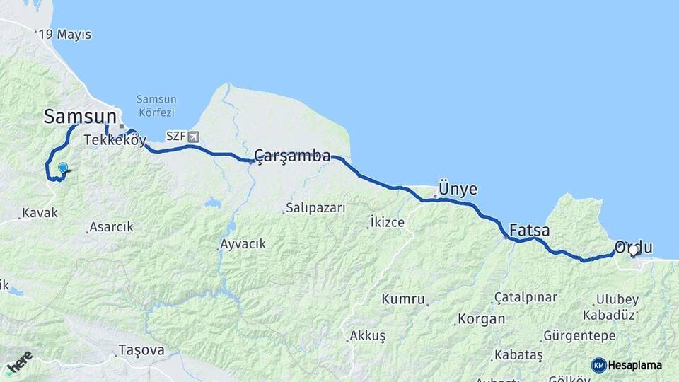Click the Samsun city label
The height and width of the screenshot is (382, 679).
click(80, 117)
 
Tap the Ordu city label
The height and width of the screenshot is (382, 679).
click(633, 248)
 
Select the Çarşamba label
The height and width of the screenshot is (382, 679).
click(292, 156)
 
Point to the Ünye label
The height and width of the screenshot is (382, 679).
click(458, 189)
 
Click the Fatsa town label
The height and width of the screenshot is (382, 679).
click(529, 231)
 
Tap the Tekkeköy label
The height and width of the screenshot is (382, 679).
click(115, 140)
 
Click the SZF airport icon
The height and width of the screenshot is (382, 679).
click(193, 136)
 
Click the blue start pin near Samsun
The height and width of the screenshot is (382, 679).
click(63, 168)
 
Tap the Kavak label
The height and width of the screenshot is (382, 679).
click(40, 212)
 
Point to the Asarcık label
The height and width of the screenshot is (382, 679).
click(112, 228)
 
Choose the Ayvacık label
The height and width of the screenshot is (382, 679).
click(243, 244)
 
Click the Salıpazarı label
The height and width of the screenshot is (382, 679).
click(315, 208)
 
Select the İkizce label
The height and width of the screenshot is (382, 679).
click(388, 222)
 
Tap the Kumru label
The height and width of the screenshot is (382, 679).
click(403, 299)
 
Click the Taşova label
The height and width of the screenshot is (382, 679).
click(141, 349)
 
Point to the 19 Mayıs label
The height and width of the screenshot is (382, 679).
click(65, 35)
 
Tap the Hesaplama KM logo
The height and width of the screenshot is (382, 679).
click(627, 365)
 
